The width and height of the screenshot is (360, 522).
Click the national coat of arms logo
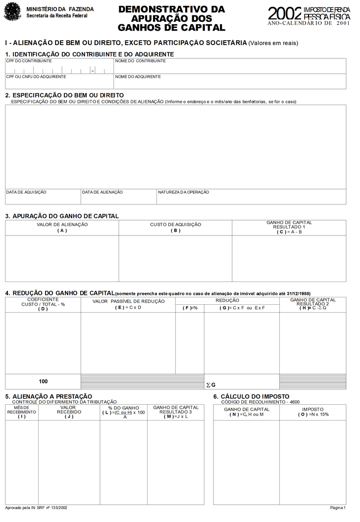click(12, 11)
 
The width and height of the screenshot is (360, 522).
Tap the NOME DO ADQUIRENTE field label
click(138, 77)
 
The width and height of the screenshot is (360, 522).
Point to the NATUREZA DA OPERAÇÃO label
click(183, 192)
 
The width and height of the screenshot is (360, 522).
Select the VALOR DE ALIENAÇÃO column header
click(62, 227)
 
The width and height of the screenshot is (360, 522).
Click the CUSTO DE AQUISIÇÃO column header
click(175, 227)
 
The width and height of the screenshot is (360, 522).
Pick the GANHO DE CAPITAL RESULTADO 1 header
click(289, 227)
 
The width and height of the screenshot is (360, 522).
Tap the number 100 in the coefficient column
click(43, 381)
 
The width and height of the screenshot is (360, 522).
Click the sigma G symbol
click(210, 385)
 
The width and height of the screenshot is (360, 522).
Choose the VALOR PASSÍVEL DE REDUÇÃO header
click(128, 304)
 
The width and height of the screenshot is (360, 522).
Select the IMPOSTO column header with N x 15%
click(313, 412)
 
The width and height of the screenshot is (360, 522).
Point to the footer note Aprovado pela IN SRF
click(36, 508)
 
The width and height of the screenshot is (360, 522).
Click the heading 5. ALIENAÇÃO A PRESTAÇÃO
click(49, 396)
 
